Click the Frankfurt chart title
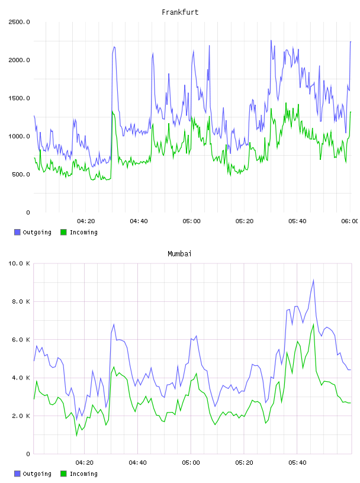(180, 12)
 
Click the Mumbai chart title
(179, 254)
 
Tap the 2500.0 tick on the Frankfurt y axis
(19, 22)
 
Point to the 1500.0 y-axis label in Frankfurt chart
(19, 98)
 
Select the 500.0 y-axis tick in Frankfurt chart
(21, 175)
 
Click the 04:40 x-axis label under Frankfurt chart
(139, 221)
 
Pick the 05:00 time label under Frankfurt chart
(191, 221)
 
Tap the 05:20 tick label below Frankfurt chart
(245, 221)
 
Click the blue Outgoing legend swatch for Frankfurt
(17, 232)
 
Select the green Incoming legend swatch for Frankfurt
(63, 232)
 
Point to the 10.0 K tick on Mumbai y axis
(19, 263)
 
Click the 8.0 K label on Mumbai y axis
(21, 301)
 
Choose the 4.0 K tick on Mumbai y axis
(21, 378)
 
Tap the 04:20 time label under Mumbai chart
(85, 463)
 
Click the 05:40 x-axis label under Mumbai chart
(297, 463)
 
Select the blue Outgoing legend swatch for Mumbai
(17, 474)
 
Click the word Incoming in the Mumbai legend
(83, 474)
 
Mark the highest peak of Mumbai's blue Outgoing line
(313, 280)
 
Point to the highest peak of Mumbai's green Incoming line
(313, 324)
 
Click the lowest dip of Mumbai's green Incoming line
(77, 435)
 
